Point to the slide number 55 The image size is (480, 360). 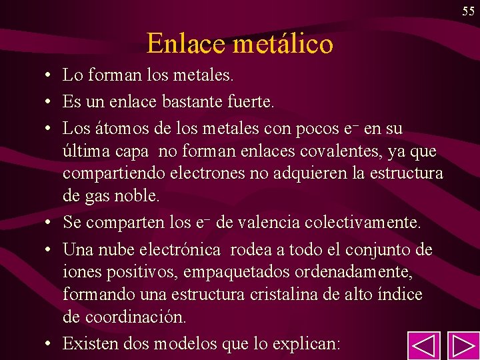click(x=467, y=10)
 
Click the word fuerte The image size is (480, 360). click(x=251, y=103)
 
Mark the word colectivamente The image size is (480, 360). click(x=370, y=222)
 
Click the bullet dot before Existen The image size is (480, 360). click(x=49, y=344)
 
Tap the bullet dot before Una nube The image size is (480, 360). click(x=49, y=250)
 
